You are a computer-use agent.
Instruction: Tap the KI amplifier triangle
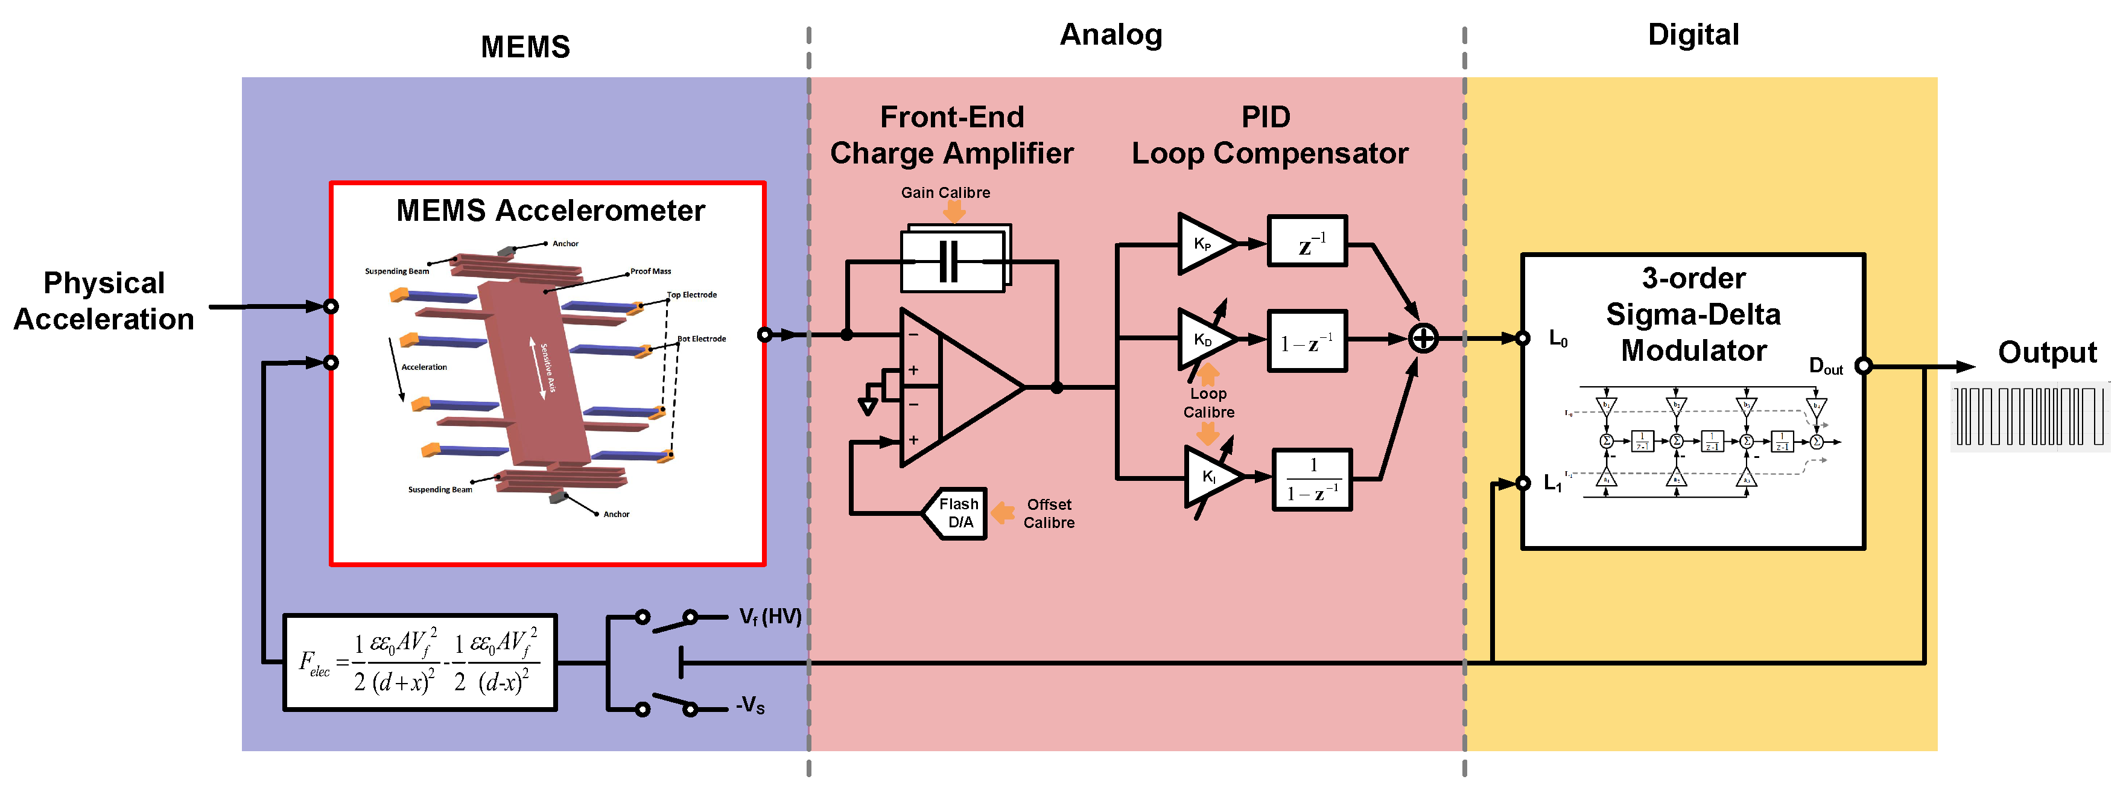pyautogui.click(x=1210, y=476)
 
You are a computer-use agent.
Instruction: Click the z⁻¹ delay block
pyautogui.click(x=1307, y=241)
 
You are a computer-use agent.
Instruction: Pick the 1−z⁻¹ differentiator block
pyautogui.click(x=1307, y=341)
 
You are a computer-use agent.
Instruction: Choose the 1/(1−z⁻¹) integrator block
pyautogui.click(x=1312, y=480)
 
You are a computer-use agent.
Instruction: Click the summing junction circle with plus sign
pyautogui.click(x=1423, y=338)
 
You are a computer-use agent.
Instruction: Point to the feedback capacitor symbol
pyautogui.click(x=950, y=261)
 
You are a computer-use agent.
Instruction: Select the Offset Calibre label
pyautogui.click(x=1049, y=513)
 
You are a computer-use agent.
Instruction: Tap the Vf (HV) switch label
pyautogui.click(x=770, y=616)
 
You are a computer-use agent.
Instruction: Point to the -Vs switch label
pyautogui.click(x=750, y=705)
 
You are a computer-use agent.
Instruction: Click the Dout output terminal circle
pyautogui.click(x=1864, y=366)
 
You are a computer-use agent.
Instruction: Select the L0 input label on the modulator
pyautogui.click(x=1558, y=338)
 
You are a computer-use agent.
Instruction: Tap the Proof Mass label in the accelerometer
pyautogui.click(x=650, y=271)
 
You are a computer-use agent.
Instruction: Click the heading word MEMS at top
pyautogui.click(x=525, y=47)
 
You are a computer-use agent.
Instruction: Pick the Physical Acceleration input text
pyautogui.click(x=104, y=300)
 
